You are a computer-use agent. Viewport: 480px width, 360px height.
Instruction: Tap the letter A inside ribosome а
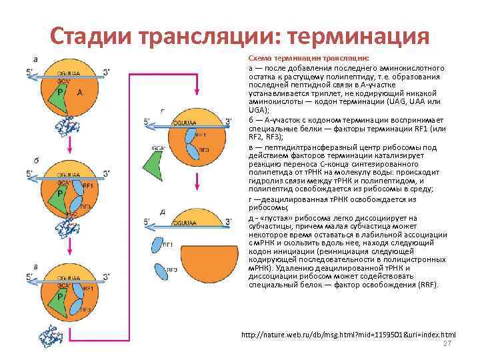tap(80, 94)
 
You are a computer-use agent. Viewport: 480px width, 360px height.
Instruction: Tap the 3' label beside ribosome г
tap(229, 121)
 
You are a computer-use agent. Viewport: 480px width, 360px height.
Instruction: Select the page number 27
tap(447, 343)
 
